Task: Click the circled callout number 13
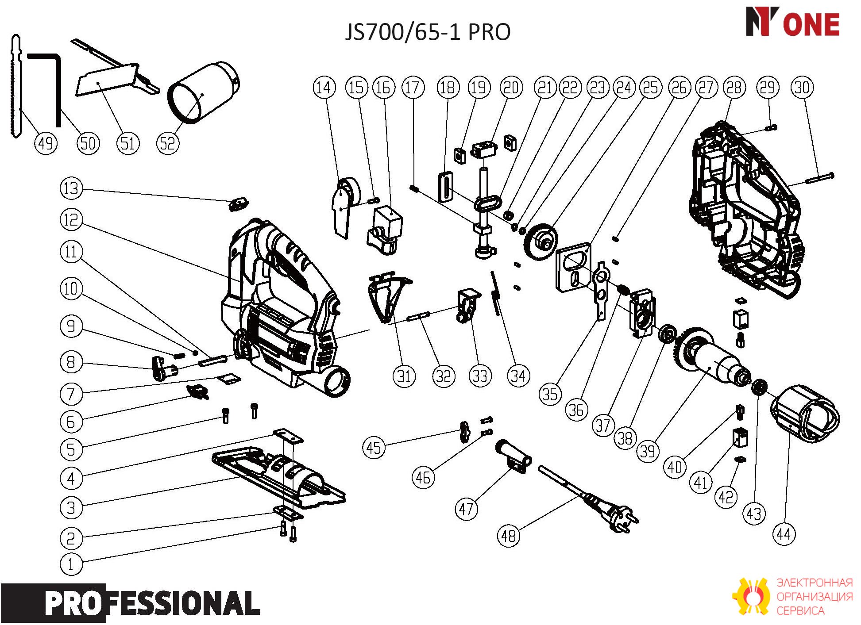(x=71, y=188)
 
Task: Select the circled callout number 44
(x=784, y=534)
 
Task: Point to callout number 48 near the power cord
(x=509, y=536)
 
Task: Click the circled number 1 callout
(x=71, y=564)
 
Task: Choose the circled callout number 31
(x=404, y=376)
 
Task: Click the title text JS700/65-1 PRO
(x=428, y=32)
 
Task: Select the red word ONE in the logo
(x=811, y=24)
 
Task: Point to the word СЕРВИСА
(x=801, y=611)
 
